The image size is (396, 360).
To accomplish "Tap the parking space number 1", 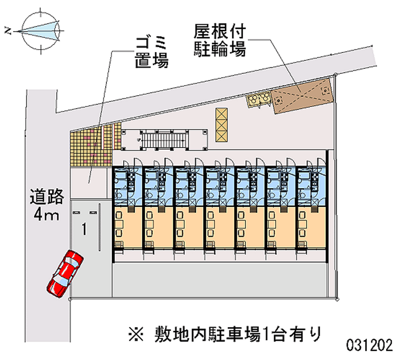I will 85,229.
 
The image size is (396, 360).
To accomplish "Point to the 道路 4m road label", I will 47,205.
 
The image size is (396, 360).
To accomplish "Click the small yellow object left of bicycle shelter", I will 259,99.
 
